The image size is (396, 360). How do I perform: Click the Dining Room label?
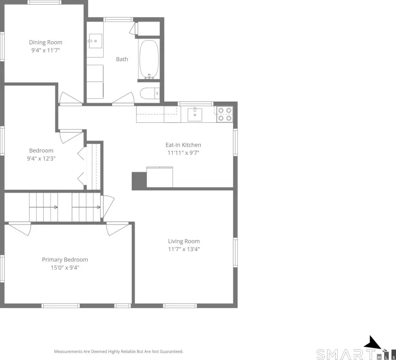pyautogui.click(x=46, y=42)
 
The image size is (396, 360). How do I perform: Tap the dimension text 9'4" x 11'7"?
pyautogui.click(x=46, y=50)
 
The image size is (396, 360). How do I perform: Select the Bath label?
pyautogui.click(x=122, y=59)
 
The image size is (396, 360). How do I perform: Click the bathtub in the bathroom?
pyautogui.click(x=149, y=59)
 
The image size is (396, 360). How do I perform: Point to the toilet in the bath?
pyautogui.click(x=150, y=93)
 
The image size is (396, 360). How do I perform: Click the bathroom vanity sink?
pyautogui.click(x=95, y=41)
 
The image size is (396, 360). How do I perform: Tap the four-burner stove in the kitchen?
pyautogui.click(x=225, y=114)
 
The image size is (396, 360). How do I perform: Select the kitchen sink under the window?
pyautogui.click(x=195, y=114)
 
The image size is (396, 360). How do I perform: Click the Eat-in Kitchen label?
pyautogui.click(x=183, y=145)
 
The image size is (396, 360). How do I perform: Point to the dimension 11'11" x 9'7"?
pyautogui.click(x=183, y=153)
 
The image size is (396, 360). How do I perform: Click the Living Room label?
pyautogui.click(x=184, y=241)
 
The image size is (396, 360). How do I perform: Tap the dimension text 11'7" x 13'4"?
pyautogui.click(x=184, y=249)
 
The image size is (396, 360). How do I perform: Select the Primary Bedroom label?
pyautogui.click(x=65, y=260)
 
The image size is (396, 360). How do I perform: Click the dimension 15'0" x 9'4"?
pyautogui.click(x=65, y=267)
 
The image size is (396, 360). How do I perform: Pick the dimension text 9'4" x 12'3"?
pyautogui.click(x=41, y=158)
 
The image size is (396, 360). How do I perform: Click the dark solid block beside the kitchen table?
pyautogui.click(x=139, y=180)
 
